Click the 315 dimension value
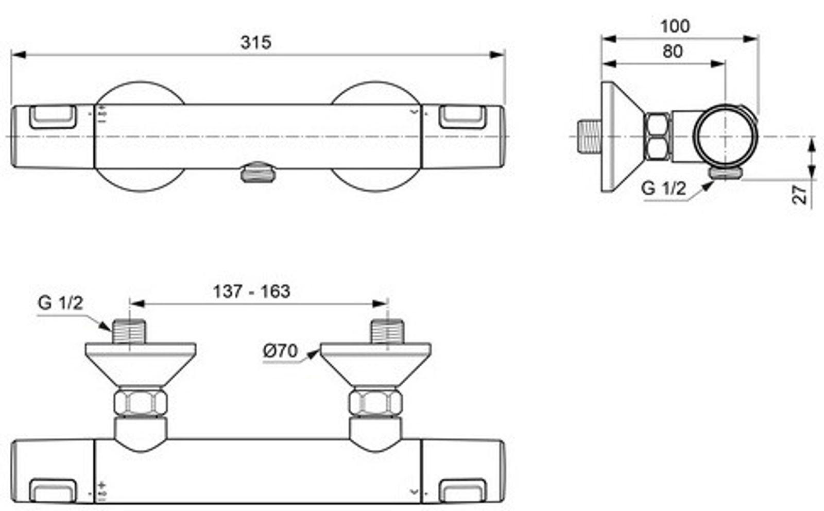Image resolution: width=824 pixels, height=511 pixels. (255, 42)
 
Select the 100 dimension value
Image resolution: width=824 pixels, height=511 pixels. (675, 26)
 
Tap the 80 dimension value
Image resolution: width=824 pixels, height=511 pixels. (673, 51)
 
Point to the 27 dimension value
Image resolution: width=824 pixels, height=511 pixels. (799, 195)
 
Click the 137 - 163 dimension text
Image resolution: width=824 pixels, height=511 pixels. (252, 292)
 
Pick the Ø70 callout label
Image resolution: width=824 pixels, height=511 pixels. (280, 351)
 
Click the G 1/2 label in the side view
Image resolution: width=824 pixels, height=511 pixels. (663, 189)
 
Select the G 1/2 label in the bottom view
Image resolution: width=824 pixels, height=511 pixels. (60, 303)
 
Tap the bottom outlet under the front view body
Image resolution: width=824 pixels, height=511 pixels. (258, 173)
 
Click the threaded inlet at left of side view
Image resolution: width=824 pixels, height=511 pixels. (589, 136)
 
